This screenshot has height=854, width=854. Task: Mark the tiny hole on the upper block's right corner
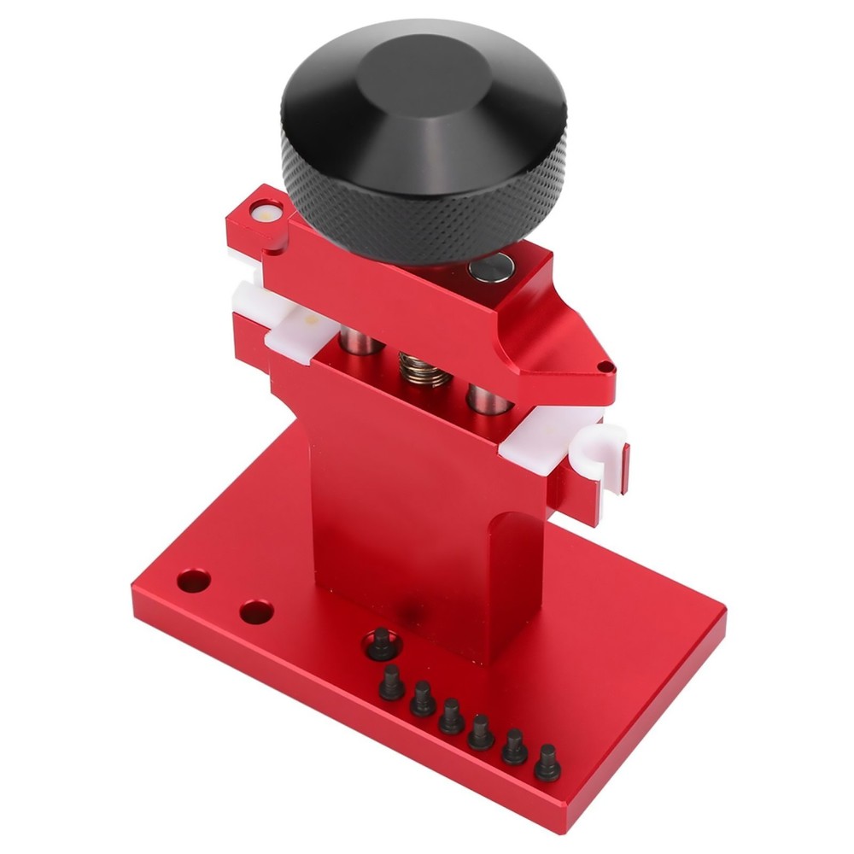605,367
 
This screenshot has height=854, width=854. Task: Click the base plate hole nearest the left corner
194,581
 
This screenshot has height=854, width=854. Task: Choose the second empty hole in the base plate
255,611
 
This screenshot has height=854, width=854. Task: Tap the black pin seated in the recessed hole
381,644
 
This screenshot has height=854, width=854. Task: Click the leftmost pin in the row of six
391,683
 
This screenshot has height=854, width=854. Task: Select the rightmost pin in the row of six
547,762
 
